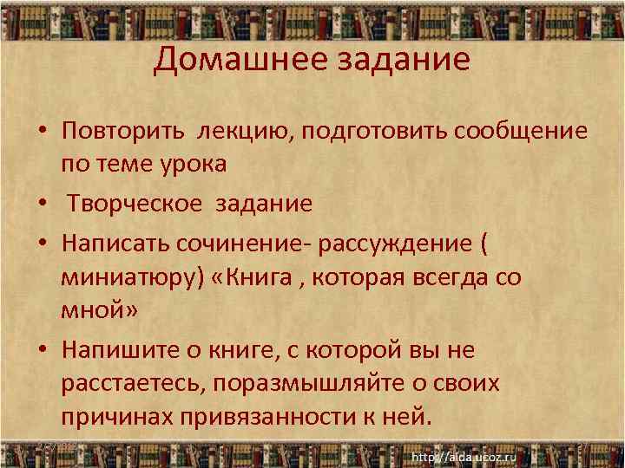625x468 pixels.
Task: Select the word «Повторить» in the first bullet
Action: click(123, 131)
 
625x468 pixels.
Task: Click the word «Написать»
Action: click(118, 244)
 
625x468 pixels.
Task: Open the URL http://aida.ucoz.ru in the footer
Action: click(464, 456)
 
